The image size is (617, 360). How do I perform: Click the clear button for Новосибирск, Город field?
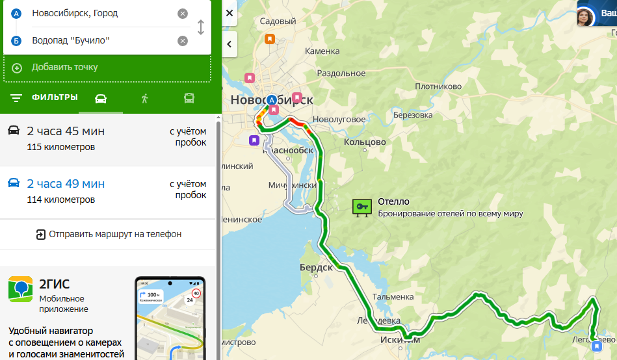(x=183, y=14)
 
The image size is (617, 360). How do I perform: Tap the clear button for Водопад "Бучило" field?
(x=183, y=41)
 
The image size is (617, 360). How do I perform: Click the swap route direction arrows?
(x=201, y=27)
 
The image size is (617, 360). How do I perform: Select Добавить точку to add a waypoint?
(x=64, y=68)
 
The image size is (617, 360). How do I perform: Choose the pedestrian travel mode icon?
(x=144, y=98)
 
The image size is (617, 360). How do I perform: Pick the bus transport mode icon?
(x=189, y=98)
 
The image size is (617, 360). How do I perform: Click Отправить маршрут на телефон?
(x=108, y=234)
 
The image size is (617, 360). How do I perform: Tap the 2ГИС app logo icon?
(x=20, y=289)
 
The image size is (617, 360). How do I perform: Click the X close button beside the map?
(x=230, y=13)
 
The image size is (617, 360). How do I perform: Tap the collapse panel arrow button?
(x=230, y=44)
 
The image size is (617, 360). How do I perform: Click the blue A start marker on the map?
(x=272, y=100)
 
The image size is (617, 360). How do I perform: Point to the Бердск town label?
(x=316, y=268)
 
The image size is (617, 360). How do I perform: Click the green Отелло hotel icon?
(x=361, y=207)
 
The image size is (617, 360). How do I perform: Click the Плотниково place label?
(x=438, y=86)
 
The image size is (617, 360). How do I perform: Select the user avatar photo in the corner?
(x=586, y=17)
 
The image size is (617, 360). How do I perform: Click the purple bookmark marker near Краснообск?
(x=254, y=140)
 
